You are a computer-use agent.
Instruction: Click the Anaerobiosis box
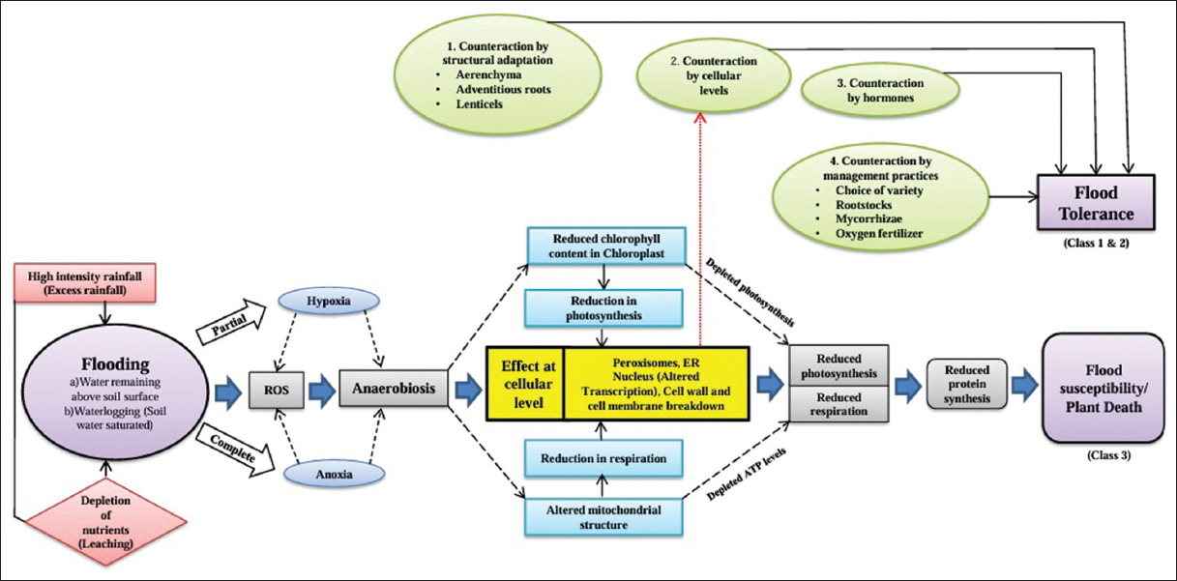[x=393, y=391]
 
